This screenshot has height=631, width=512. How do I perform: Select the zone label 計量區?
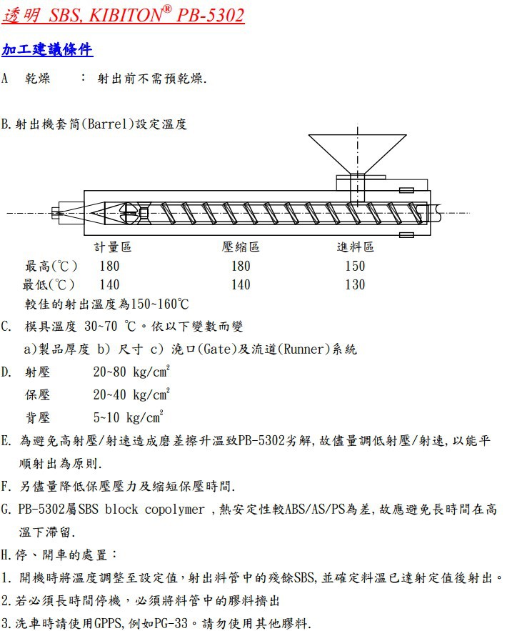tap(113, 247)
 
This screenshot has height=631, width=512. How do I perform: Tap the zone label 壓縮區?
tap(241, 247)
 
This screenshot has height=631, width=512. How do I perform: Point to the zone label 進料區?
tap(355, 247)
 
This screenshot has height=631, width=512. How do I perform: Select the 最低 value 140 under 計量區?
tap(109, 284)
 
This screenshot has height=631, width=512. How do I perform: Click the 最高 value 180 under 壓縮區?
tap(241, 266)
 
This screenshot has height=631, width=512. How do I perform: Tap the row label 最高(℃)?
tap(51, 266)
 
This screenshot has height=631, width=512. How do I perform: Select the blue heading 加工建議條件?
tap(47, 49)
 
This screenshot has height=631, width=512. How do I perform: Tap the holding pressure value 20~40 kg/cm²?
tap(131, 394)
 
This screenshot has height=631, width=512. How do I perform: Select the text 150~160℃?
tap(158, 304)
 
